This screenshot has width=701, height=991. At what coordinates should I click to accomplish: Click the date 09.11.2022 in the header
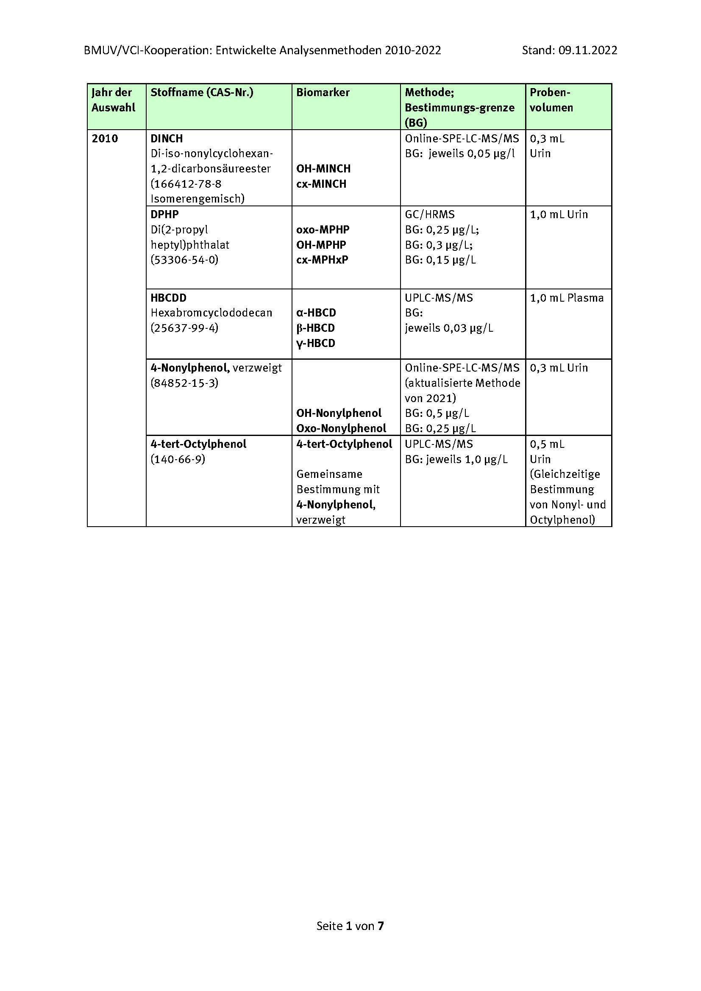(587, 50)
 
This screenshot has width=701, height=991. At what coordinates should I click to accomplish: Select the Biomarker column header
(323, 92)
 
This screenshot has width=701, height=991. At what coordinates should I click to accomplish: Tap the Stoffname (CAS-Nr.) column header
(202, 92)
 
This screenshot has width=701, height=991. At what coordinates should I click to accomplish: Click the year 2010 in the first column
(104, 139)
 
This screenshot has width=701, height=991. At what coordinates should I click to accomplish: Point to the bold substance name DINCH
(167, 139)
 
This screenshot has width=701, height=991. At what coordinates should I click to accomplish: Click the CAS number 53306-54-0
(184, 260)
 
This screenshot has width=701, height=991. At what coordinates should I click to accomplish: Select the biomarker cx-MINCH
(321, 184)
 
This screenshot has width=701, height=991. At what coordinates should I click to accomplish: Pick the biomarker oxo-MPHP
(323, 230)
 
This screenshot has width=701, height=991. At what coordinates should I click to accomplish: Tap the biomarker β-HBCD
(316, 328)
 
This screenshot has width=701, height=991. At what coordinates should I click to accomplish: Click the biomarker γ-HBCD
(316, 343)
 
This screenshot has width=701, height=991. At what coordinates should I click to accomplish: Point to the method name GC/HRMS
(429, 214)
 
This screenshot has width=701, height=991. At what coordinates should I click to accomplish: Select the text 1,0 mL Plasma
(566, 298)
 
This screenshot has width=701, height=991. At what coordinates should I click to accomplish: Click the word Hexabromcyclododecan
(211, 313)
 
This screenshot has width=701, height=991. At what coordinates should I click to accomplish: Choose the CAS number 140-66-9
(178, 459)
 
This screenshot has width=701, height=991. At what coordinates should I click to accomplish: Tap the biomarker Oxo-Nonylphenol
(341, 428)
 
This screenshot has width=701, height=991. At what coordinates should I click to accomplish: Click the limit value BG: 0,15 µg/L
(440, 260)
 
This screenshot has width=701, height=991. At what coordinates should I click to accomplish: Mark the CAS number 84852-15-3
(184, 383)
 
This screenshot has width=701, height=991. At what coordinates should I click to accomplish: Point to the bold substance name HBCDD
(168, 298)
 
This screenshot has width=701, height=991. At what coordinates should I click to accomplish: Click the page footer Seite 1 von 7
(350, 926)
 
